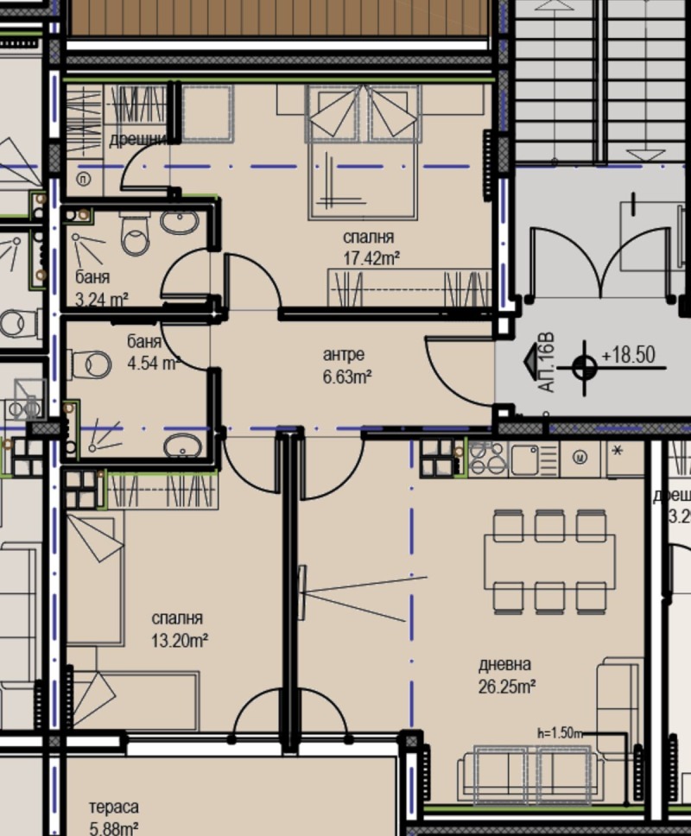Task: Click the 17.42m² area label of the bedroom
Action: [370, 256]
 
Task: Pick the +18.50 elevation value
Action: [629, 355]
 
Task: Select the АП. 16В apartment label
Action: [546, 367]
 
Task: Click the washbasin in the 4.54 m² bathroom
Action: [183, 446]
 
